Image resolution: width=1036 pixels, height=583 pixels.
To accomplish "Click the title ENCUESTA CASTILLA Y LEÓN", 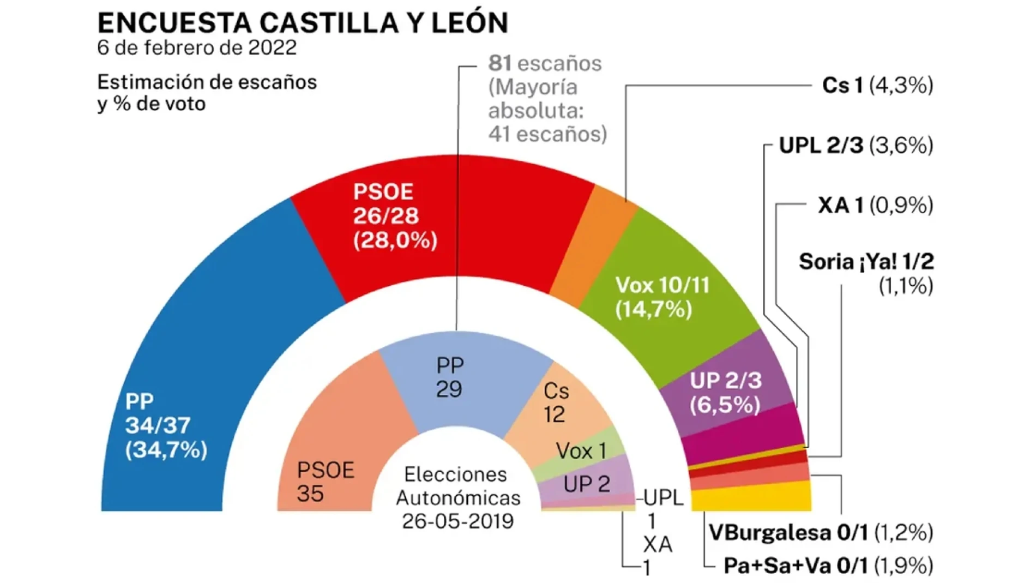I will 303,23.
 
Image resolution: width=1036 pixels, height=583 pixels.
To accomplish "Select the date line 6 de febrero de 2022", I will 197,48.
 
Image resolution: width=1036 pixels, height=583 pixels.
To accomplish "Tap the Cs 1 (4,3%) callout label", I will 877,86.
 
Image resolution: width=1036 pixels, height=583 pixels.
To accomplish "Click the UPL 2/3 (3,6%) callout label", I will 856,146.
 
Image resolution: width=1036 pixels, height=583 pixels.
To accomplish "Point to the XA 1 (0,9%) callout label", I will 875,206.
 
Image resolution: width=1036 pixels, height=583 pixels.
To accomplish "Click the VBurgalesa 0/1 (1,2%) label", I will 821,533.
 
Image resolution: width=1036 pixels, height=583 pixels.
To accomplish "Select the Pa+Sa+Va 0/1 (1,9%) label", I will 828,566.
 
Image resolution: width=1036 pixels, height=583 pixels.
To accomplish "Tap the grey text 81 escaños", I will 545,64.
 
